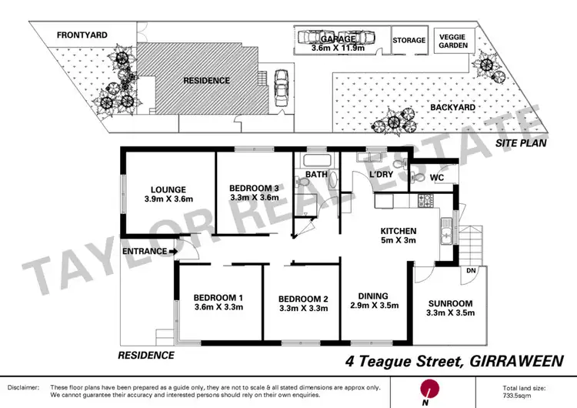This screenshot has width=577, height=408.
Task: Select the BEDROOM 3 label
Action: coord(254,188)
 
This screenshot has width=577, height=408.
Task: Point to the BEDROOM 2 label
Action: coord(303,299)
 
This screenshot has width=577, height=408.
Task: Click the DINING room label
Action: coord(372,296)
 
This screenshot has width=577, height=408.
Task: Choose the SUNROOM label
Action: coord(450,303)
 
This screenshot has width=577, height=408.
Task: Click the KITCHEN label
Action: coord(398,231)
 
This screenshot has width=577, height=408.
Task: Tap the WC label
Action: coord(437,178)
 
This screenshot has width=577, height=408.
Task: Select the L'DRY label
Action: coord(381,176)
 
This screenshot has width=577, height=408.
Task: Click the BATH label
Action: coord(317,175)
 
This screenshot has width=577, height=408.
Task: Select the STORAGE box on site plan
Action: coord(409,40)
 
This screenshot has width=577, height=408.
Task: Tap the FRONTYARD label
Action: coord(82,35)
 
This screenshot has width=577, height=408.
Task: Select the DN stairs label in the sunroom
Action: coord(471,272)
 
